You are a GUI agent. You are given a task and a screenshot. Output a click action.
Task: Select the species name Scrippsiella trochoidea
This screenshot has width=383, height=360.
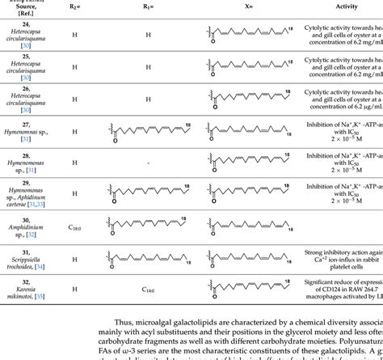click(x=33, y=260)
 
